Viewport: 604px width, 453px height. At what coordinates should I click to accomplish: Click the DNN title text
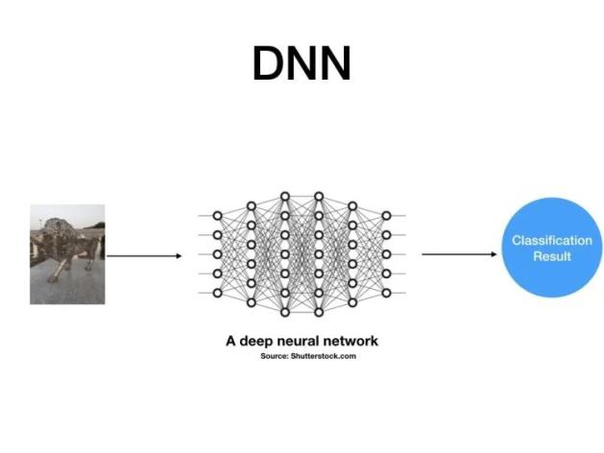tap(302, 64)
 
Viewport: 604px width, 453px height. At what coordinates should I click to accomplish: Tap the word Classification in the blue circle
tap(551, 241)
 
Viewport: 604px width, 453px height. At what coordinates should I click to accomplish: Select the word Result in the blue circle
tap(551, 256)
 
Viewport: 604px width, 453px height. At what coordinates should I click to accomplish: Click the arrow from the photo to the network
tap(144, 255)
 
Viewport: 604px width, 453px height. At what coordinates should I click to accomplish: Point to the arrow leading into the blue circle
tap(457, 254)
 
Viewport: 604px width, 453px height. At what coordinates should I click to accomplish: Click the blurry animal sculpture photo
tap(66, 253)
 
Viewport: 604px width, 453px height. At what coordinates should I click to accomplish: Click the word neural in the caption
tap(301, 340)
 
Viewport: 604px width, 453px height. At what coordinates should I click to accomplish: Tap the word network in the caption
tap(351, 340)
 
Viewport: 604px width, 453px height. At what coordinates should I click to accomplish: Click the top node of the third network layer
tap(284, 196)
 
